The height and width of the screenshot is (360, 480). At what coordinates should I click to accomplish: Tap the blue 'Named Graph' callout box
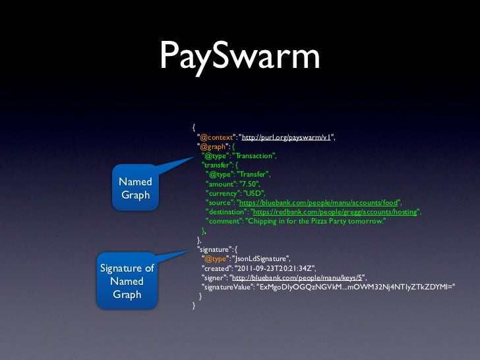tap(135, 188)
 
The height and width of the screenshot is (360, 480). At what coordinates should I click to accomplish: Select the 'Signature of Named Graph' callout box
tap(127, 282)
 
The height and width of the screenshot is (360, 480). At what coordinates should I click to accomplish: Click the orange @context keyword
tap(215, 137)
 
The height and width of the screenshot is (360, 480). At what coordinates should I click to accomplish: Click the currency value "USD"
tap(254, 193)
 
